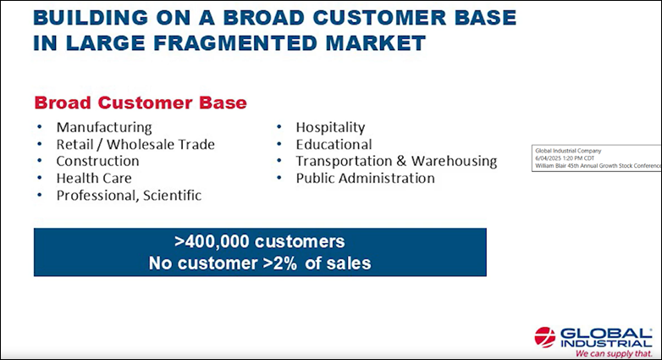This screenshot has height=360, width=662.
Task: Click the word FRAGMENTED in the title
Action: (235, 43)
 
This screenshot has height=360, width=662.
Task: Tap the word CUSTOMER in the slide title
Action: (379, 18)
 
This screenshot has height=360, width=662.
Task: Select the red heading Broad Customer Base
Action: (141, 102)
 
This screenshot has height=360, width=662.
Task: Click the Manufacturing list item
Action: (104, 127)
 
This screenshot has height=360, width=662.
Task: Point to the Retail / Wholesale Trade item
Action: (135, 145)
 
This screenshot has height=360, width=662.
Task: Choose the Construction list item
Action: (98, 161)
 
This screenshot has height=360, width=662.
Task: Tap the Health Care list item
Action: (94, 179)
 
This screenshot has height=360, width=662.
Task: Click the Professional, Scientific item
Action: (129, 195)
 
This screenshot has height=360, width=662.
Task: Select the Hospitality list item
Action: (330, 127)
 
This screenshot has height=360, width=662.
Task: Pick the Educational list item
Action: (334, 145)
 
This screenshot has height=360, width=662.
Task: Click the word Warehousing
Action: (455, 161)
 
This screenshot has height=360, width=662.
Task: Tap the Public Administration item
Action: (365, 179)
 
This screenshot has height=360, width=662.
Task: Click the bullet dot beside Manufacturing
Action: (40, 127)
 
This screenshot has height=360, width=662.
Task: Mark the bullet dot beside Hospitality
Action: (279, 127)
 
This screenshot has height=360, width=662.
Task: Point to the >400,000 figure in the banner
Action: (212, 241)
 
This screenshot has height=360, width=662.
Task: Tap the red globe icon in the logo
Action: (545, 337)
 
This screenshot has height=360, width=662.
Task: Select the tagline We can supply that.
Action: (614, 353)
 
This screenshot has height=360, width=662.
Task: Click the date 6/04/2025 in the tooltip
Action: (548, 158)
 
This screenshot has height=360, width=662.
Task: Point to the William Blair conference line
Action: (598, 166)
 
